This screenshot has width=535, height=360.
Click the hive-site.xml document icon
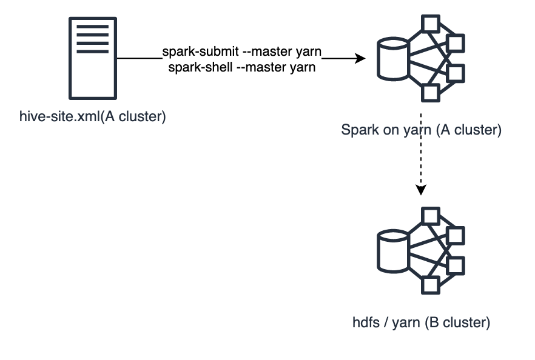(93, 58)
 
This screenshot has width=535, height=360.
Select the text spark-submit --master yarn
(241, 52)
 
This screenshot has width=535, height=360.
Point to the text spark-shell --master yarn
(241, 67)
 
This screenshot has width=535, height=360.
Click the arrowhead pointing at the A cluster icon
(360, 59)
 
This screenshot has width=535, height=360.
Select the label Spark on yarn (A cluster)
(421, 130)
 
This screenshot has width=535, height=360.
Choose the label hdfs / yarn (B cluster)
(421, 322)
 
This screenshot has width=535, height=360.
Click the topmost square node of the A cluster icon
(431, 24)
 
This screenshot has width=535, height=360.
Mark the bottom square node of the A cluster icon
(431, 93)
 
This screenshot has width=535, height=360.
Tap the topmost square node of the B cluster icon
(431, 216)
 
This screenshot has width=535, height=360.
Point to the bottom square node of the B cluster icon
(431, 285)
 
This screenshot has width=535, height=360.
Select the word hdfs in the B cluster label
(365, 322)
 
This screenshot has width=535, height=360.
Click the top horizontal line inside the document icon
(93, 26)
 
